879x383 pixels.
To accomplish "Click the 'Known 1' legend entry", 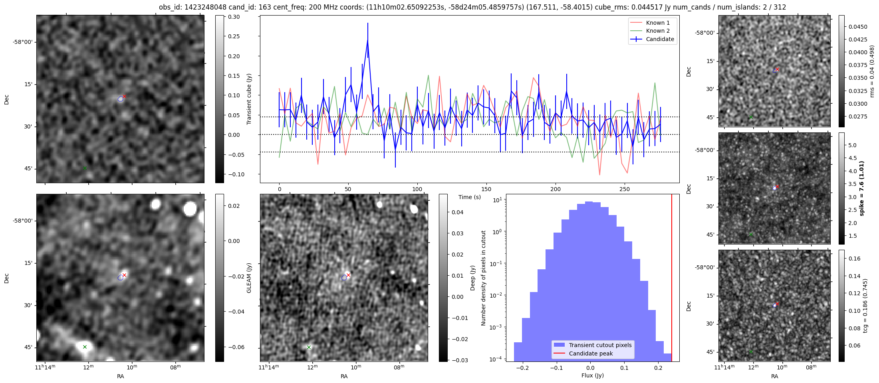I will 657,23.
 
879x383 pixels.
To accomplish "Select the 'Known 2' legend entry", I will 657,31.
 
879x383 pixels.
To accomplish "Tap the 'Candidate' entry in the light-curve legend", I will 660,39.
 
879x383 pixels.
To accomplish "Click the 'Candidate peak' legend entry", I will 591,353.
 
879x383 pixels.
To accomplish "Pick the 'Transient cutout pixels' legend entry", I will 600,345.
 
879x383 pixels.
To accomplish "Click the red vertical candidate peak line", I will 672,279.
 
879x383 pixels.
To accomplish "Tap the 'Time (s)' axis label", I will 469,197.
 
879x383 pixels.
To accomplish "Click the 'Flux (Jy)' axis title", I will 592,375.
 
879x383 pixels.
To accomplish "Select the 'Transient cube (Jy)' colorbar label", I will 249,99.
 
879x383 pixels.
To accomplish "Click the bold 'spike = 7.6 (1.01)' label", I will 861,188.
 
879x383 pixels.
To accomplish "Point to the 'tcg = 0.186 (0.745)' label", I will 865,306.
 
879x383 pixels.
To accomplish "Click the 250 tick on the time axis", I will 625,189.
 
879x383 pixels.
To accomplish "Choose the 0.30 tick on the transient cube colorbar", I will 234,17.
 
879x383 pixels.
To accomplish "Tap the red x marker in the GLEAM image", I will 125,275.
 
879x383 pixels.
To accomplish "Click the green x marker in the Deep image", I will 309,347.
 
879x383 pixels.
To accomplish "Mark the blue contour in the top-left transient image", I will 120,99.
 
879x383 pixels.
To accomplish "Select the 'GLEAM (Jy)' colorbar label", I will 249,278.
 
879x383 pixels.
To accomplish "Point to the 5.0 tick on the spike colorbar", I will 852,145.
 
